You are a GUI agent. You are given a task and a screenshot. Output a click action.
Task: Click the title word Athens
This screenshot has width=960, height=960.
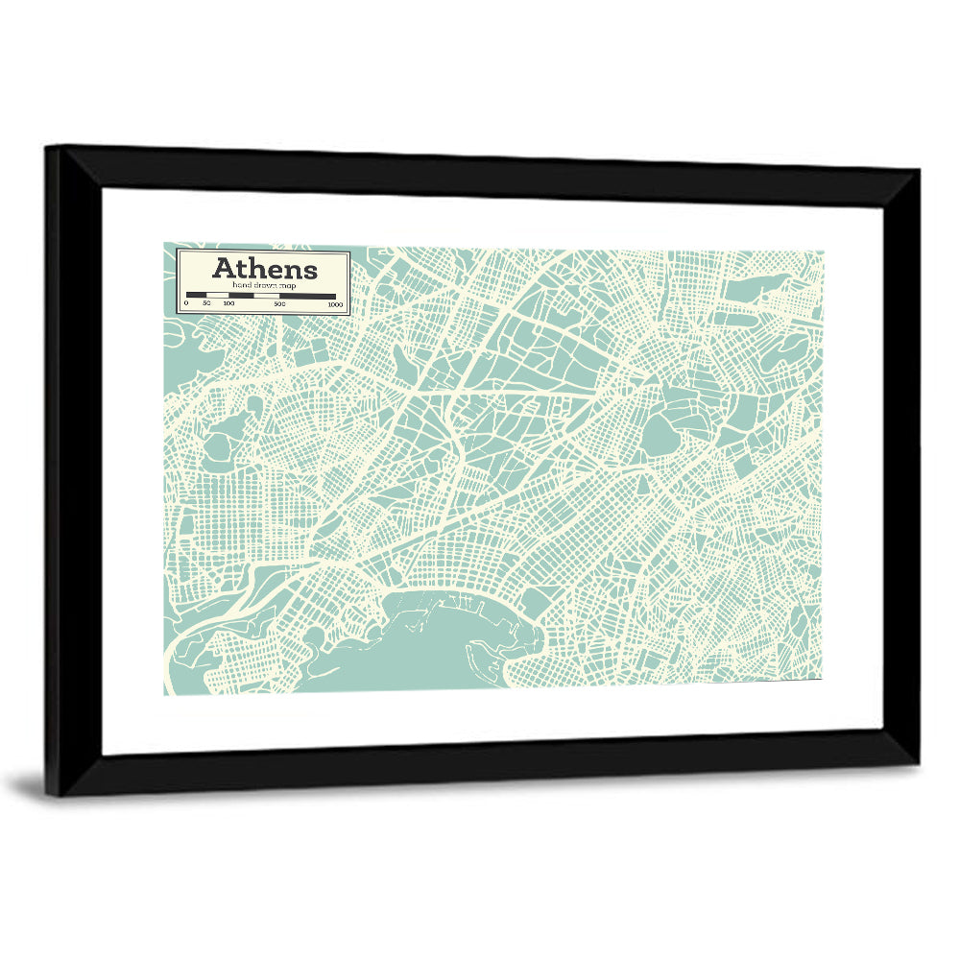coord(264,268)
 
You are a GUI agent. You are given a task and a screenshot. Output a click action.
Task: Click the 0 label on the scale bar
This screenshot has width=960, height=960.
coord(186,304)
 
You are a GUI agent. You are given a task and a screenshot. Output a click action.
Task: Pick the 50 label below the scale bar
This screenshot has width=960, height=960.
coord(206,304)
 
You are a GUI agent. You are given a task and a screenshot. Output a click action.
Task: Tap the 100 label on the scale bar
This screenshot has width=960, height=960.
coord(228,304)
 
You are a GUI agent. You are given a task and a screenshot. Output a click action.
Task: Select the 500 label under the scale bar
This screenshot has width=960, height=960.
coord(279,304)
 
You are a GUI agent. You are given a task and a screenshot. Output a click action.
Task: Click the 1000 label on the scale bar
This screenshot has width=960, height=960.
coord(335,304)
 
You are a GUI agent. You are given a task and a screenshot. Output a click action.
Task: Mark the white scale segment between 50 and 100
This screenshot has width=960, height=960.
coord(218,296)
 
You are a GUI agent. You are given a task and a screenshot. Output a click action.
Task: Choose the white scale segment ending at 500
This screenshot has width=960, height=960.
coord(267,296)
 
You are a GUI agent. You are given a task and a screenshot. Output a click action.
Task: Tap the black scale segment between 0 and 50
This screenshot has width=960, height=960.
coord(196,296)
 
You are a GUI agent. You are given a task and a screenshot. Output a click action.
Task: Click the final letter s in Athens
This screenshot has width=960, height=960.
coord(309,270)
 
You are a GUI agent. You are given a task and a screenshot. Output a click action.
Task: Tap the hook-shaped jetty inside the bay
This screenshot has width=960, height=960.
coord(480,658)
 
